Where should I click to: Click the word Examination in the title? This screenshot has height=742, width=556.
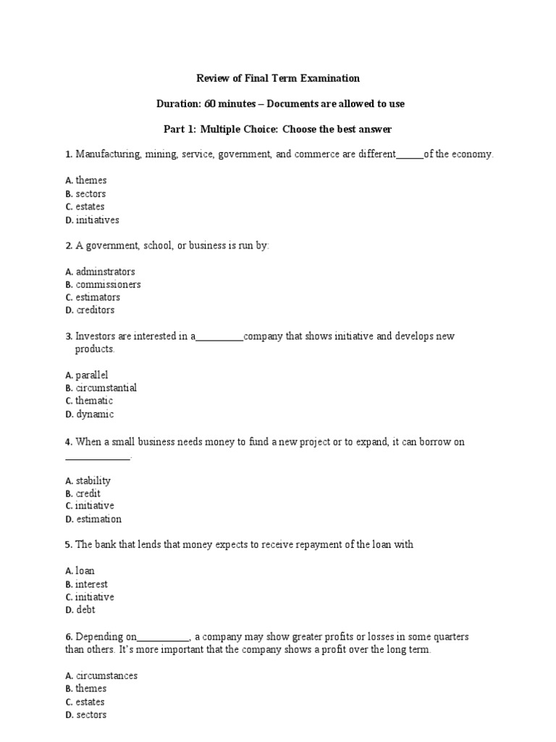tap(328, 78)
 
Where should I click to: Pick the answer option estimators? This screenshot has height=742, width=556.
tap(98, 297)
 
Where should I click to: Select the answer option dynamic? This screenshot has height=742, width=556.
tap(95, 414)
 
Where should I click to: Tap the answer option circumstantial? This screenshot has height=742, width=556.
tap(106, 388)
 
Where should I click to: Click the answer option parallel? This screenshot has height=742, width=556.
tap(92, 375)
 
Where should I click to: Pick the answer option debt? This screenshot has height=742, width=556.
tap(85, 610)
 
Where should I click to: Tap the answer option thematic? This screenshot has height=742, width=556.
tap(94, 401)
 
